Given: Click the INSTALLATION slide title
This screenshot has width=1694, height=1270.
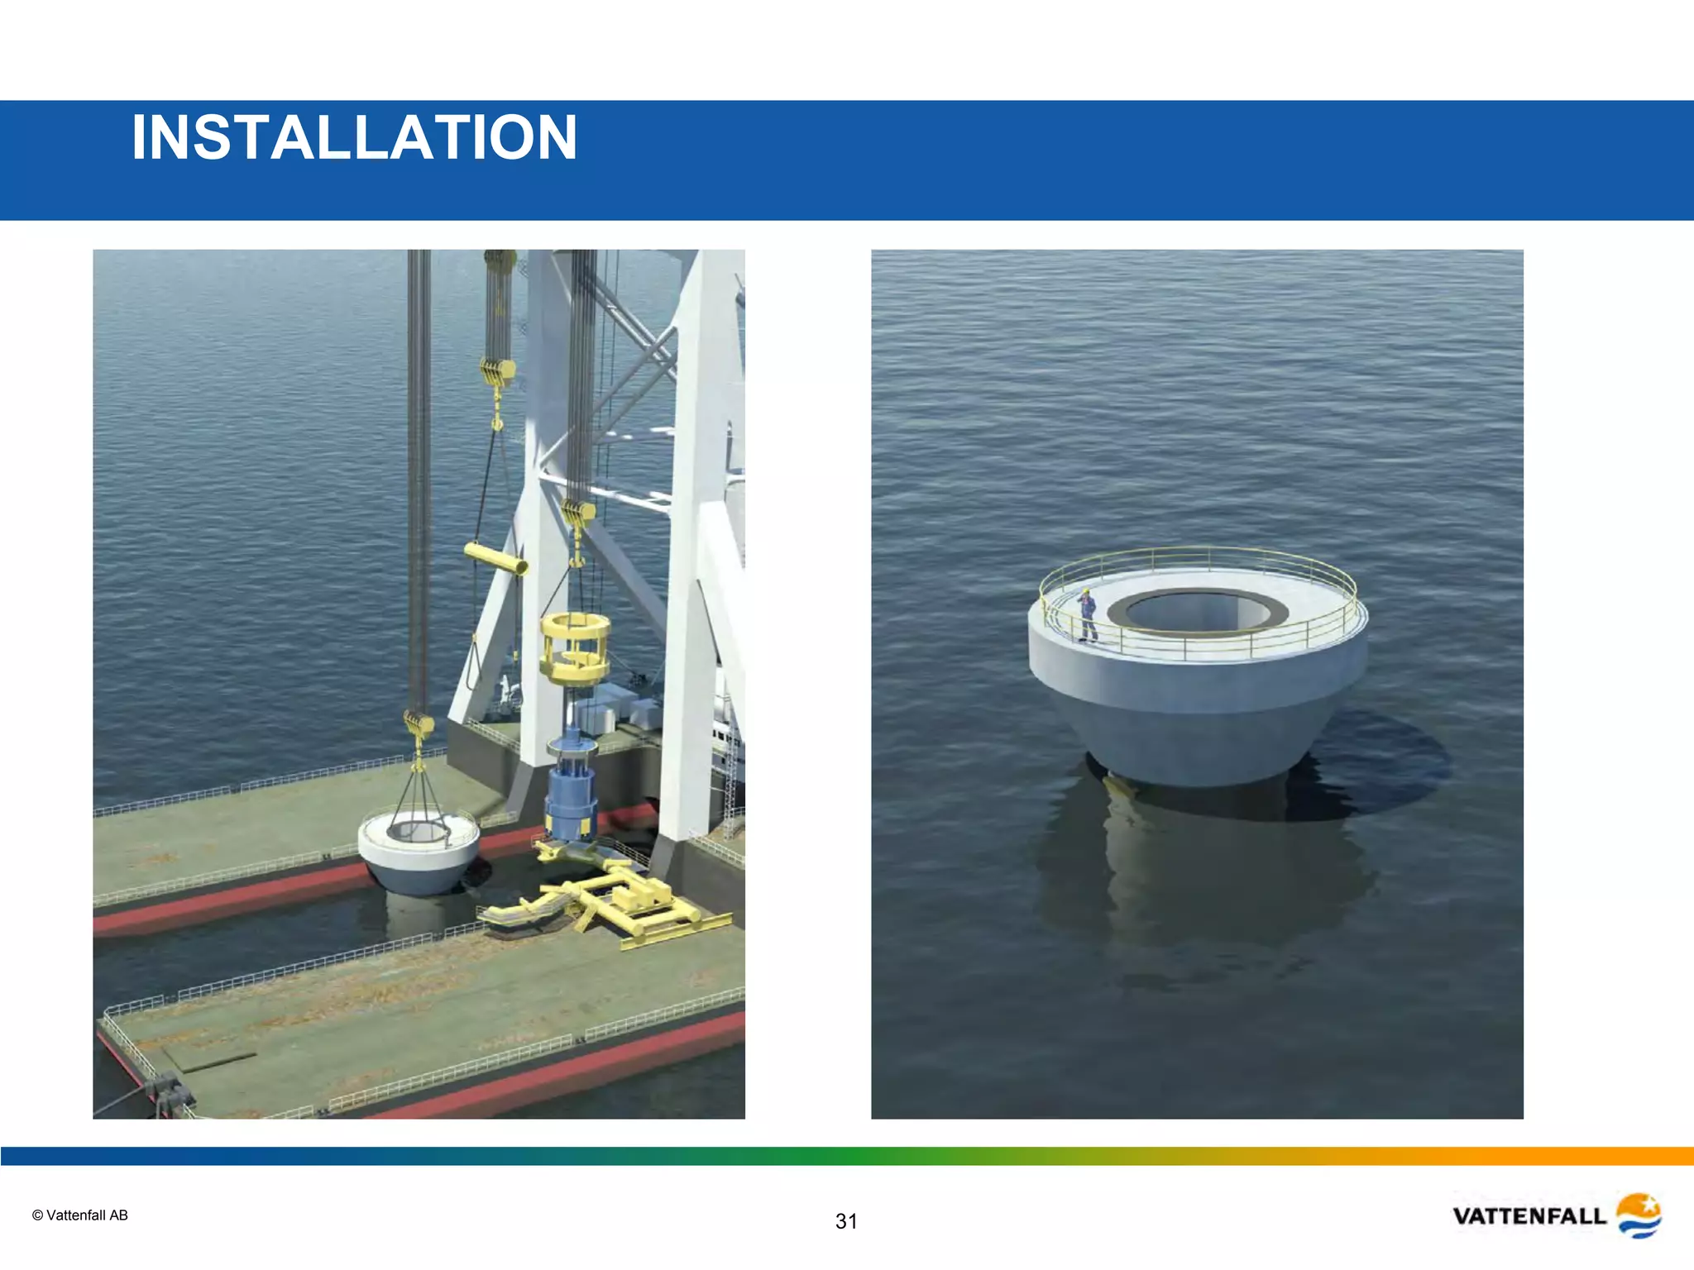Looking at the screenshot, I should (354, 137).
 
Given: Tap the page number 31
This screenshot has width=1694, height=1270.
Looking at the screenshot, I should (846, 1221).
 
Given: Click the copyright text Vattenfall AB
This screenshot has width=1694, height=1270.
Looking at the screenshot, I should (80, 1215).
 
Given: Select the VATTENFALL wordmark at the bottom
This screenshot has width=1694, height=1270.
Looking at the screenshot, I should (1529, 1216).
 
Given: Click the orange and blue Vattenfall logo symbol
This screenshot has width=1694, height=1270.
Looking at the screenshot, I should (1638, 1215).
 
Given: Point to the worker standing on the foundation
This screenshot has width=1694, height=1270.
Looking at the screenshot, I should (1087, 615).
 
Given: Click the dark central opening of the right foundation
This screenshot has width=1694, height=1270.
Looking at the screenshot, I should (1197, 611).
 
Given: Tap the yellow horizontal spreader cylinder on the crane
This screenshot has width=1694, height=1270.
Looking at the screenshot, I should (496, 559).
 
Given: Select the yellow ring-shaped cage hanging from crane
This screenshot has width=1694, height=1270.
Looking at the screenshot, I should (575, 647).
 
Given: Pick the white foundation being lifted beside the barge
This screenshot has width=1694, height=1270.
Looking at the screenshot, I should (419, 852).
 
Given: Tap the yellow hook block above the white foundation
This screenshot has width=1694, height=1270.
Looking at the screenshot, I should (419, 725).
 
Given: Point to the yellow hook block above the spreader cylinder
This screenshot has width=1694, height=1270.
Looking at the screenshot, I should (498, 370).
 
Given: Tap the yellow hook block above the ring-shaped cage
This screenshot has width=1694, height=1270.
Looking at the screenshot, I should (577, 513).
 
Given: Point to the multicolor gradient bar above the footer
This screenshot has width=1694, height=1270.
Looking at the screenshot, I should (847, 1156).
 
